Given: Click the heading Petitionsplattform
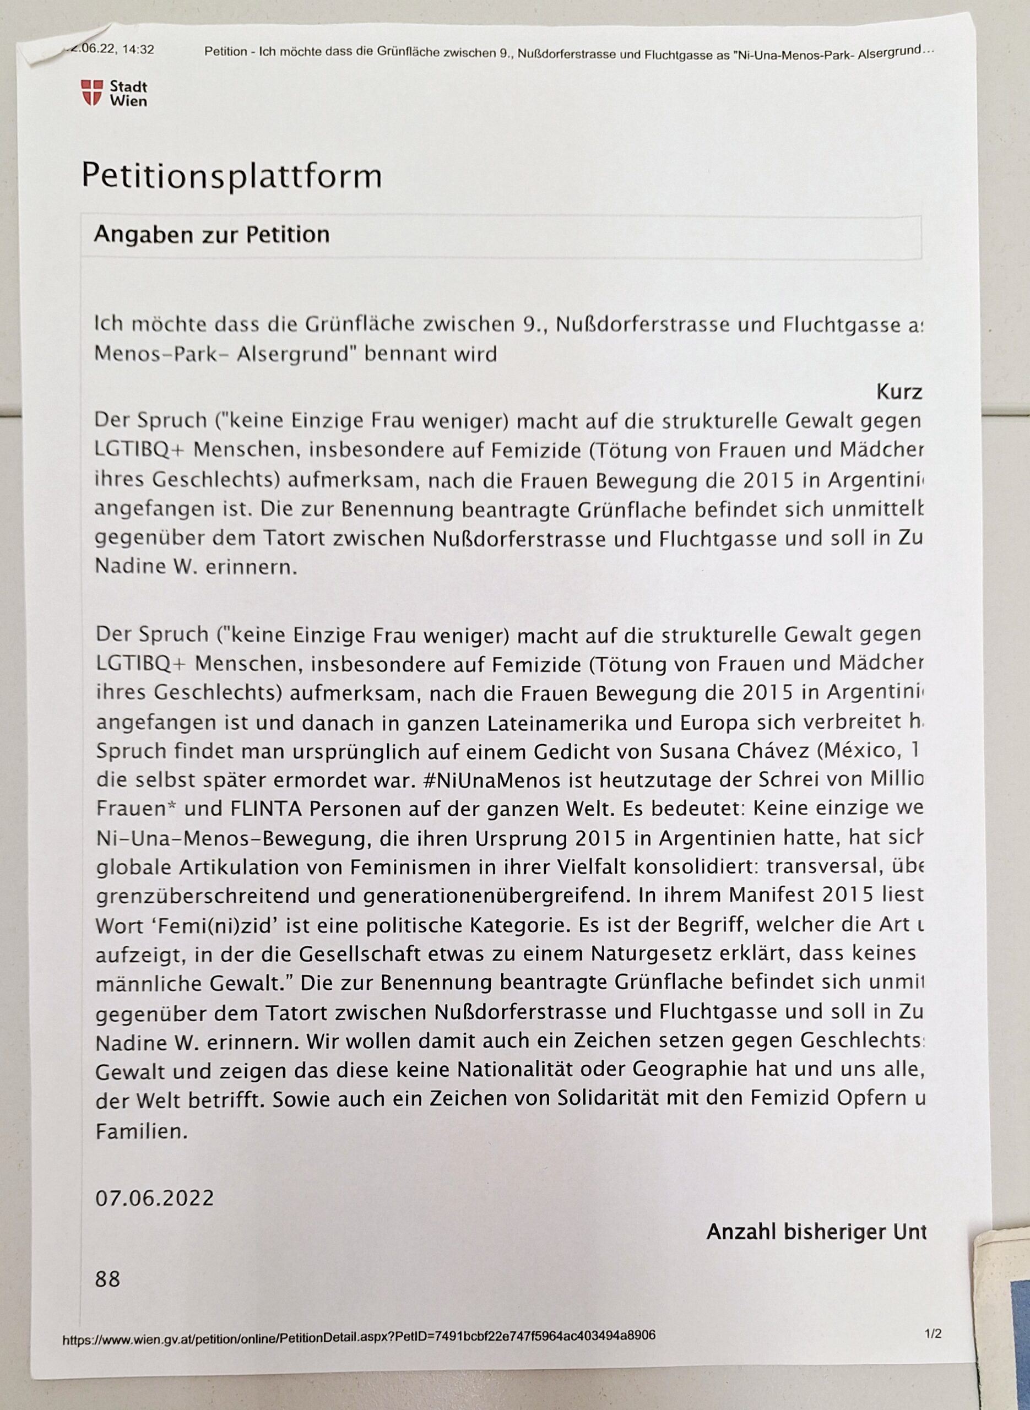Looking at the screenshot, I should coord(231,176).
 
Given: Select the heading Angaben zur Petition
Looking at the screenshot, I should coord(212,235).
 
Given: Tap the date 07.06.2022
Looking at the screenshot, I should coord(154,1198).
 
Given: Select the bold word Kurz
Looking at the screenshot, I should coord(898,392).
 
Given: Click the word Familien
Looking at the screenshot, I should coord(142,1131).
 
